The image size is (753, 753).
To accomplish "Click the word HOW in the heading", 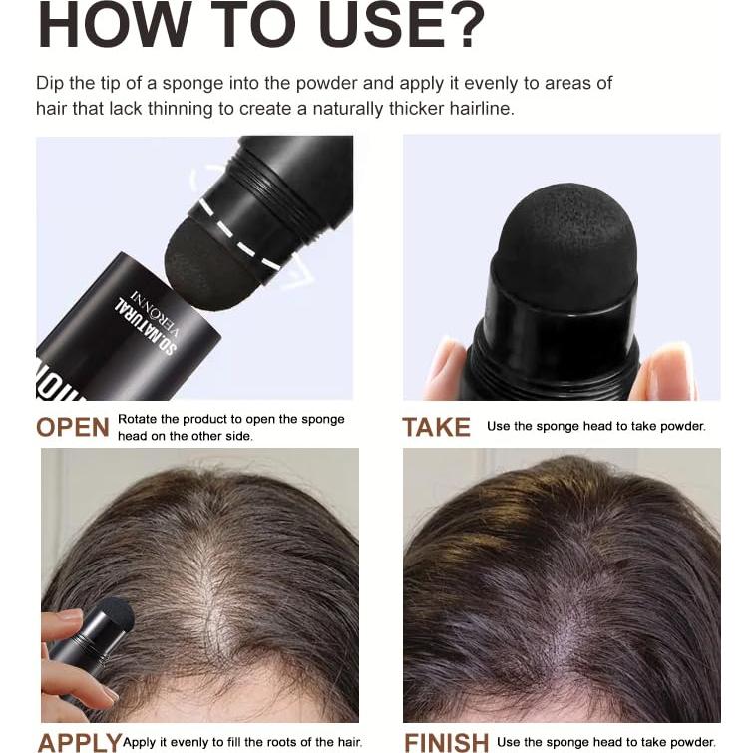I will coord(104,27).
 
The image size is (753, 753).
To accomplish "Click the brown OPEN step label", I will coord(73,427).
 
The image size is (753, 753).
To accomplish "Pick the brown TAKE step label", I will coord(436,427).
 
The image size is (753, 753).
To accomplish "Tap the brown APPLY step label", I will coord(79,742).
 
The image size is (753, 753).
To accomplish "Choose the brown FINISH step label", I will coord(446,742).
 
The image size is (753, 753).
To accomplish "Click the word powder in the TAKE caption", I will coord(682,426).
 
